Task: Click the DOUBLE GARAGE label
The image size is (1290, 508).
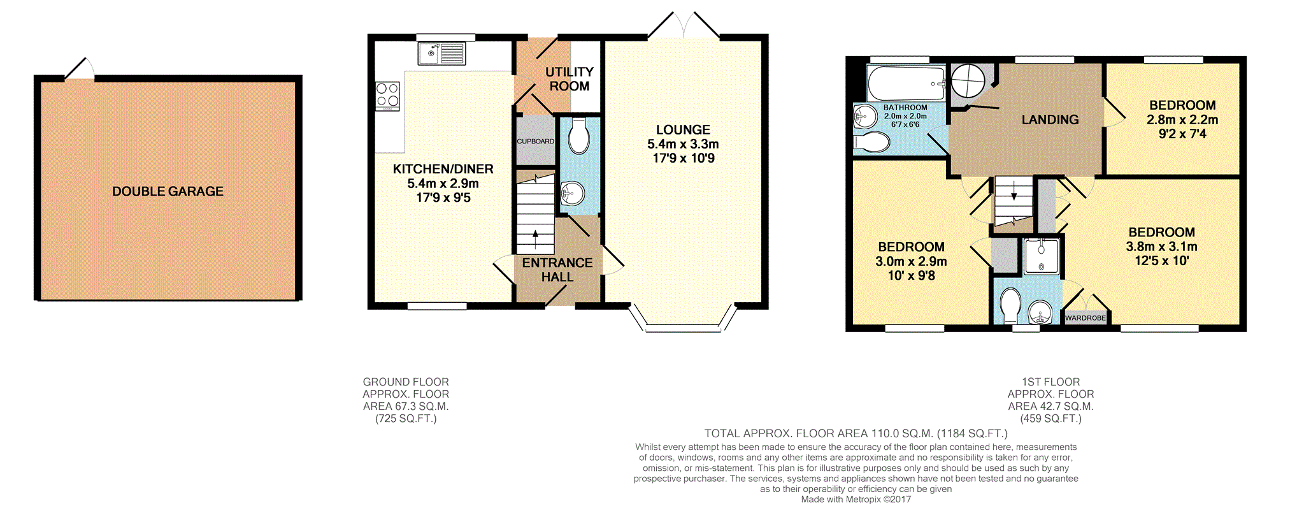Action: pos(168,191)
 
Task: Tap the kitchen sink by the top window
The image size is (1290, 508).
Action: pos(441,54)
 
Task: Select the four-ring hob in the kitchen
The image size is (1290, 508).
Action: pos(387,96)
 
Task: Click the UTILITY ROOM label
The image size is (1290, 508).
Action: pos(570,79)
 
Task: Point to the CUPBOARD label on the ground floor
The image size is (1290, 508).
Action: pos(535,142)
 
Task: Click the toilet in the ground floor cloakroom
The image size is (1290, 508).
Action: pos(578,136)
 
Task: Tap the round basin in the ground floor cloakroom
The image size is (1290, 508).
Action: pos(572,192)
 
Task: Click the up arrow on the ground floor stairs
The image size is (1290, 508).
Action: pos(535,238)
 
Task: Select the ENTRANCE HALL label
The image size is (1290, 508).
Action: pos(557,270)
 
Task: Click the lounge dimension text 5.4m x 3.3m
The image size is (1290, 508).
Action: pos(683,144)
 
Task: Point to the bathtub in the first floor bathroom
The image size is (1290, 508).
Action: pos(907,83)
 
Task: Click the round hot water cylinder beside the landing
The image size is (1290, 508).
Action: pos(968,82)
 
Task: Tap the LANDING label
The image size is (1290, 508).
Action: pos(1050,120)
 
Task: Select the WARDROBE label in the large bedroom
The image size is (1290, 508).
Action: pos(1086,317)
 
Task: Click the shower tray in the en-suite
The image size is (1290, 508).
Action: pos(1042,256)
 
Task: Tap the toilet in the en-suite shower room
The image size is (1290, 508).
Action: pos(1010,306)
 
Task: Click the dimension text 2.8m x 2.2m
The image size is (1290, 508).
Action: pos(1182,120)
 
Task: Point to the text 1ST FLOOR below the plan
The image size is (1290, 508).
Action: pos(1050,382)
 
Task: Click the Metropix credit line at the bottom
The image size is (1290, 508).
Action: pos(856,500)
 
